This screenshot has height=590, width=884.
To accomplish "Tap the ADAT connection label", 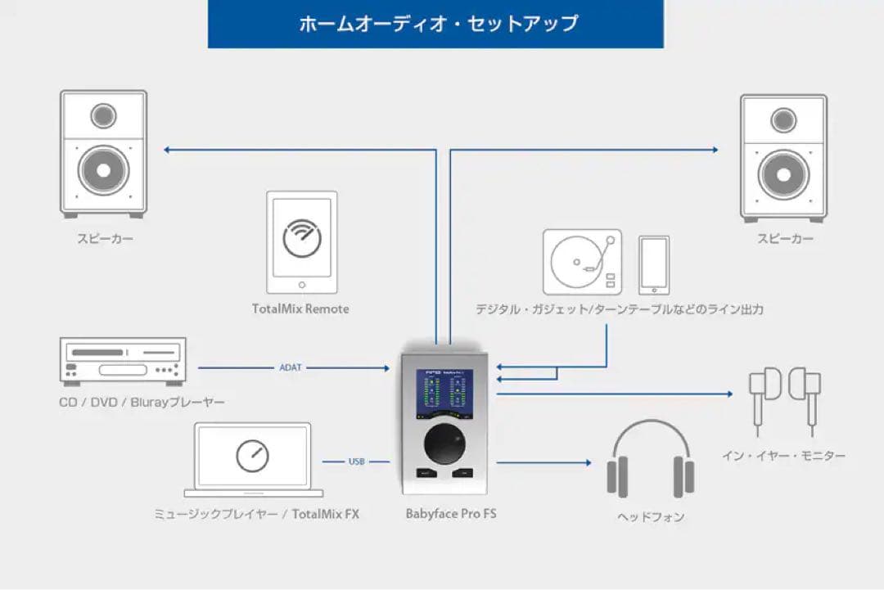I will (x=291, y=367).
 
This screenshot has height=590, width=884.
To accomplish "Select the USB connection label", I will (x=356, y=462).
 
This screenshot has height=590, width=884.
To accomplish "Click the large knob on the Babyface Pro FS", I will (x=446, y=445).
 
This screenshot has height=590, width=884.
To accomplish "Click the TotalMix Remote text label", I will (x=300, y=309).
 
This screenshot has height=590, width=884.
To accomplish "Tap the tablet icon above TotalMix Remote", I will (x=301, y=242).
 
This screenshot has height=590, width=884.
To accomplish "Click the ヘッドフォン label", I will (x=651, y=517).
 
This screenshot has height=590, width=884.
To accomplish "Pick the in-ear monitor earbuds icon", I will (x=783, y=397).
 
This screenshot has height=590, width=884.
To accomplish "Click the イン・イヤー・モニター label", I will (x=783, y=455).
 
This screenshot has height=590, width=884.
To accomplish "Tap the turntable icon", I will (x=582, y=262).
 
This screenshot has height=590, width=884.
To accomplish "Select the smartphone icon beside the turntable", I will (x=654, y=265).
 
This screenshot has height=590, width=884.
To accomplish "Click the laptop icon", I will (x=253, y=459).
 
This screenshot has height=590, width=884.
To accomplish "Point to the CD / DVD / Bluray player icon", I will (x=124, y=361).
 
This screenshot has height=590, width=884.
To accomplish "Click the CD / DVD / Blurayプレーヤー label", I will (x=142, y=403).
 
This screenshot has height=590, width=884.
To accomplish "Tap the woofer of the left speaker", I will (x=104, y=170).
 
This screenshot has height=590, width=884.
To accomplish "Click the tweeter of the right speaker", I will (x=783, y=119).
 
